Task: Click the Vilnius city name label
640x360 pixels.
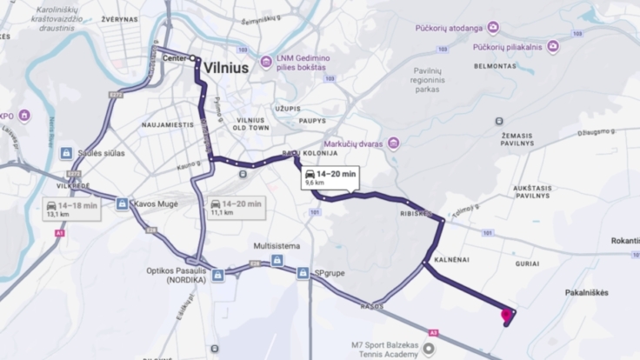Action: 229,67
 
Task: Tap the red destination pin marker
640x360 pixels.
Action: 506,316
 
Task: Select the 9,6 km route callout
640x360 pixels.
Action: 330,178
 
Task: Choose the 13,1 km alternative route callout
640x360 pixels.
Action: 73,209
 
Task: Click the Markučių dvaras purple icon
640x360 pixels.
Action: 394,143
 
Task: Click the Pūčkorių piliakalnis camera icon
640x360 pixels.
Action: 552,46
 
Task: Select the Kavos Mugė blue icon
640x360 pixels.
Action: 123,204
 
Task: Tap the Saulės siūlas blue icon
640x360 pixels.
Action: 65,153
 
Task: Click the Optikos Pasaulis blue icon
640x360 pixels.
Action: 217,275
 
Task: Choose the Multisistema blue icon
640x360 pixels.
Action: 277,260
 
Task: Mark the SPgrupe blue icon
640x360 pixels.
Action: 302,273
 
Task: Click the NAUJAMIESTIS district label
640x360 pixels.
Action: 168,125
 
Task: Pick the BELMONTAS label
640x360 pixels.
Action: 496,65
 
